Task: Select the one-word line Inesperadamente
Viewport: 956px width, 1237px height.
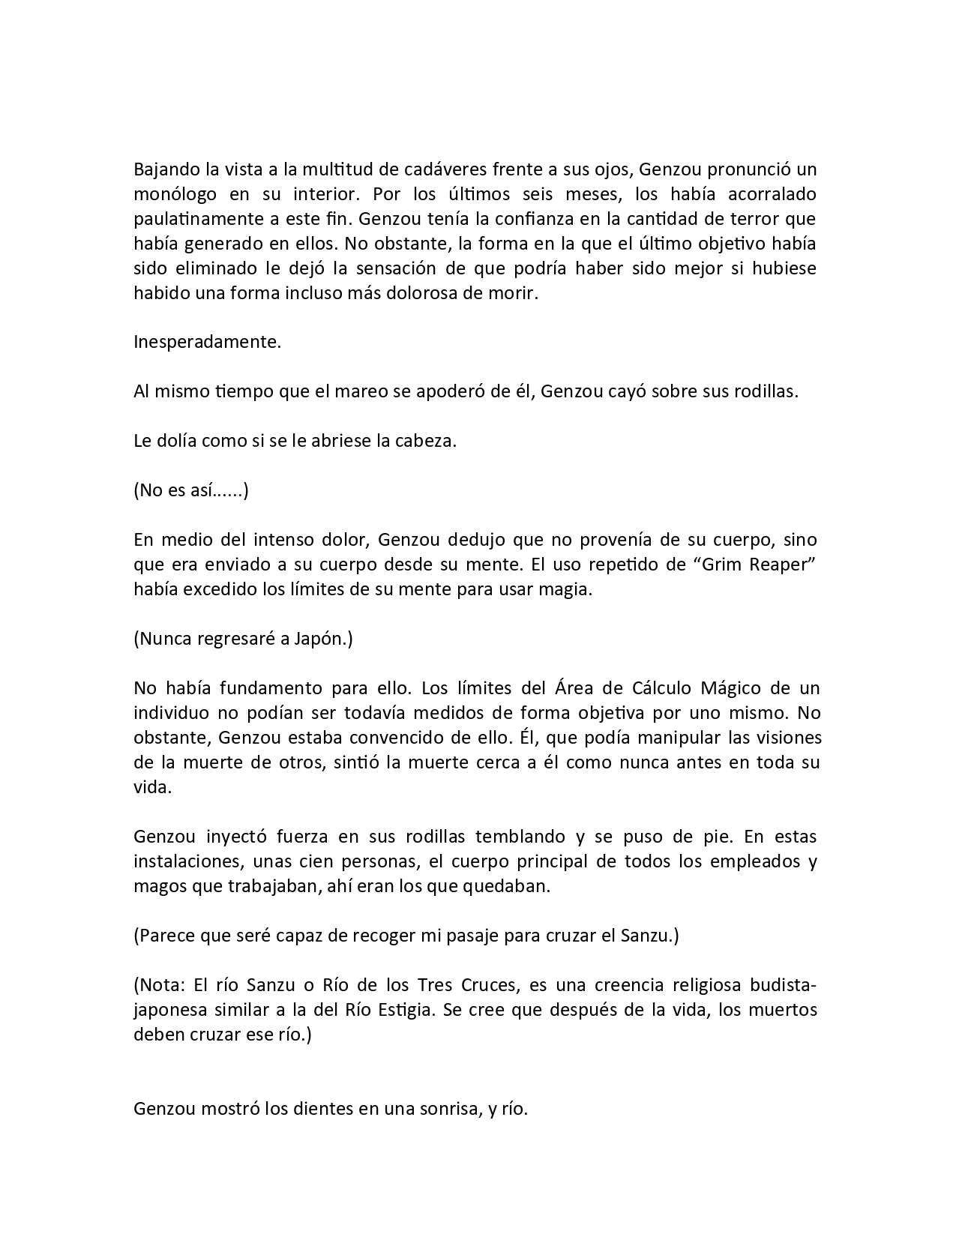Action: click(207, 342)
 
